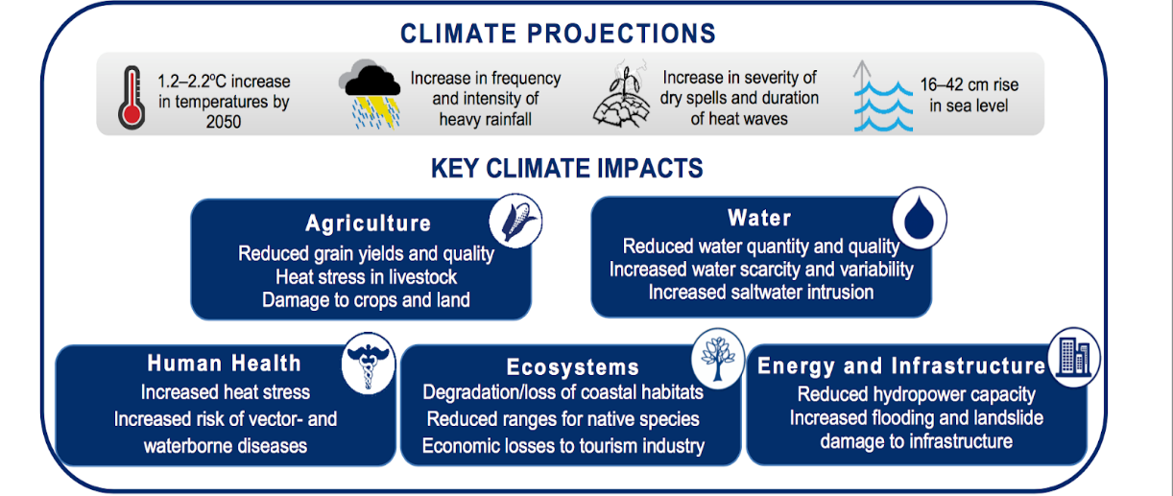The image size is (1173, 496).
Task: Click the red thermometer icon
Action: pos(132,97)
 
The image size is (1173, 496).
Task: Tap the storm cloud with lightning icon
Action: pos(371,94)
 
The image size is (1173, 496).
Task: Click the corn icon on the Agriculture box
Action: pos(515,221)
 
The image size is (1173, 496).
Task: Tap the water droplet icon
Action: pos(919,218)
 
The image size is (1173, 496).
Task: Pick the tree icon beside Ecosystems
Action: pos(717,359)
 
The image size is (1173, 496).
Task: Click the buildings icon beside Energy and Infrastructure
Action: pos(1074,357)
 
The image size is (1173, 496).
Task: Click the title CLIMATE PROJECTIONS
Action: pos(559,34)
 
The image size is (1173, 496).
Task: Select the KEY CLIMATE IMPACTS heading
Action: pos(566,169)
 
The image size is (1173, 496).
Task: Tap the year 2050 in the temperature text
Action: pos(224,122)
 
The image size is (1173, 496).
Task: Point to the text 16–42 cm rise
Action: pos(970,84)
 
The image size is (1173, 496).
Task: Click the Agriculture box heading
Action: pos(369,224)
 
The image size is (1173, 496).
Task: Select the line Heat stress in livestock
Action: pos(366,276)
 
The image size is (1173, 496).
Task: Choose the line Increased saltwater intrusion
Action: pos(761,292)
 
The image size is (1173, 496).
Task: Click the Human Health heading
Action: pos(224,363)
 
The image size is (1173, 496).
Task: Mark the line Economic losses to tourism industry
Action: pos(563,446)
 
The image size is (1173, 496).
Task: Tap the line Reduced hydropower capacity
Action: pos(917,394)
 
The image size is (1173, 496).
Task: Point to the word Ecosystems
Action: pos(573,367)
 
